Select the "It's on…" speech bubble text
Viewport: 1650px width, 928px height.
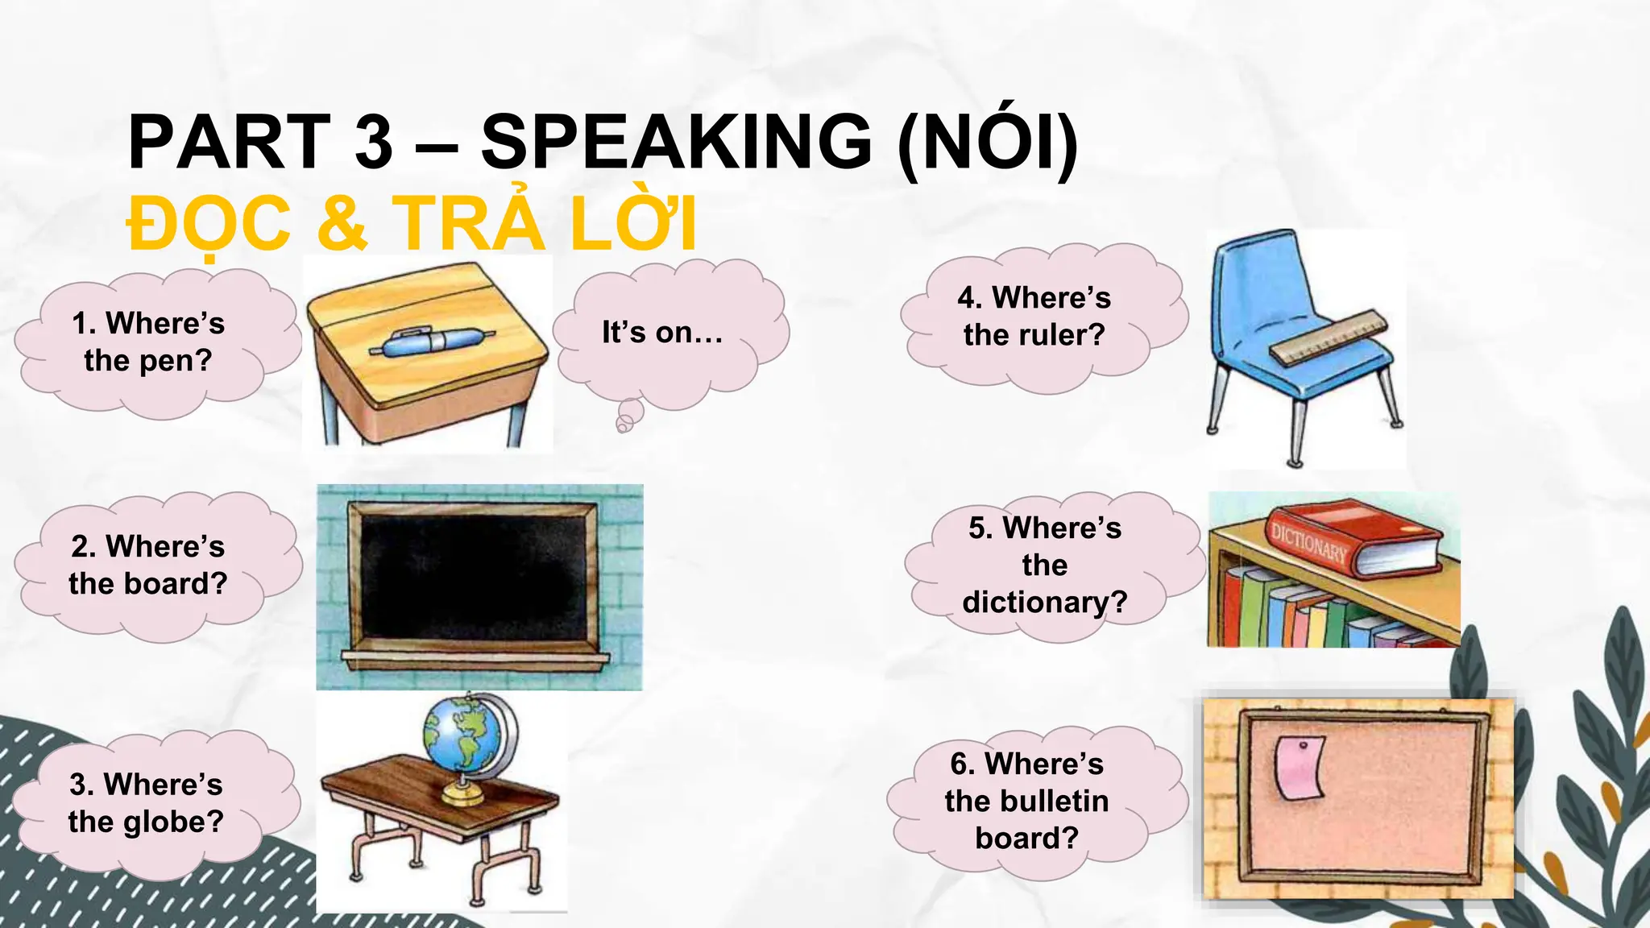click(x=662, y=332)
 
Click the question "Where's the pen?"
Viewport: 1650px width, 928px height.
click(x=148, y=342)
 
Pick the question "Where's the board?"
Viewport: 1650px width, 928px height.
click(x=148, y=565)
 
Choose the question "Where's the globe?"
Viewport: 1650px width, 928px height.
click(x=146, y=802)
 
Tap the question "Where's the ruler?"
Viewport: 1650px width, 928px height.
click(x=1034, y=316)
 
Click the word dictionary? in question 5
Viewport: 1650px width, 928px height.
click(x=1044, y=602)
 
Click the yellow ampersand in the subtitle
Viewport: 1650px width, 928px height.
click(x=342, y=223)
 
